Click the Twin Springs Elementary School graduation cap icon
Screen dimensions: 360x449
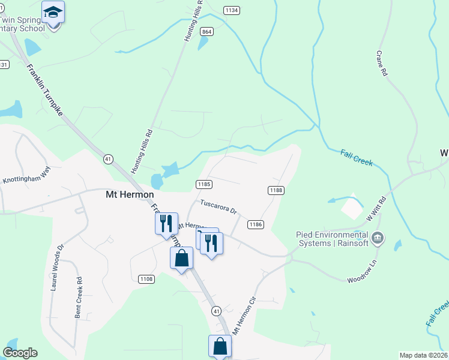coord(53,12)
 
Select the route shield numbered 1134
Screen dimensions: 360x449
coord(231,10)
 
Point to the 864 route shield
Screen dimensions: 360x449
coord(207,31)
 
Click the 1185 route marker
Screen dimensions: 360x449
coord(203,184)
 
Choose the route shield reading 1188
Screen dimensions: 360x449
coord(275,190)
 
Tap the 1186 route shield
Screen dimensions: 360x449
coord(255,224)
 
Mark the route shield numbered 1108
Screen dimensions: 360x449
coord(146,279)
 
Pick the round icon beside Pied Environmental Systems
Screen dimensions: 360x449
coord(378,239)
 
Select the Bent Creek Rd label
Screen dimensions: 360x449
coord(78,298)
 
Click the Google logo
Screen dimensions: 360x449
coord(20,353)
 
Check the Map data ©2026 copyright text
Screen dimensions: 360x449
coord(423,355)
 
